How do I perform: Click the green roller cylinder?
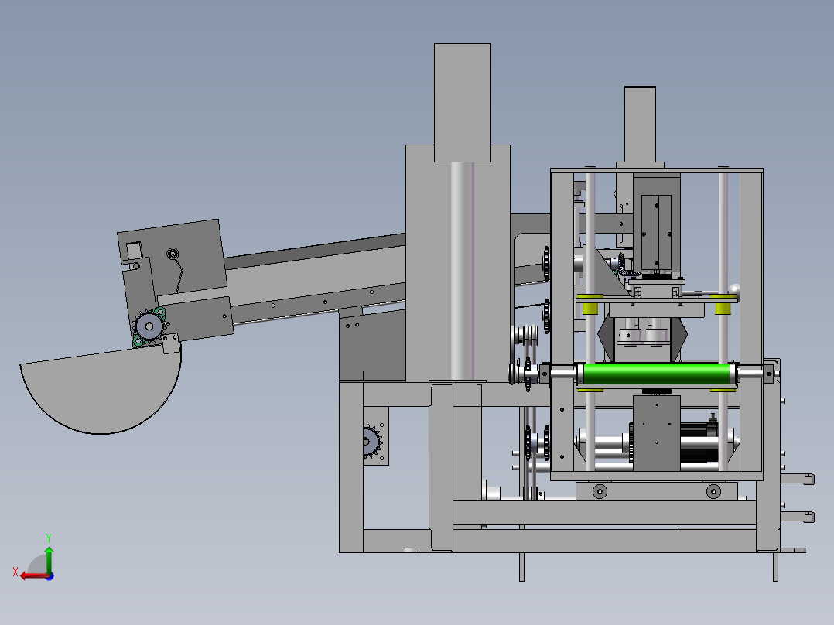click(657, 374)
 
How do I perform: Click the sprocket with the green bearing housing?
click(149, 326)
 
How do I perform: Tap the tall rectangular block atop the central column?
click(462, 103)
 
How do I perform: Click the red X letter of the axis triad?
click(15, 572)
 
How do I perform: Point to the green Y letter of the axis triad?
click(49, 538)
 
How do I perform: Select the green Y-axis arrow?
click(49, 559)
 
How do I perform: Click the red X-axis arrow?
click(35, 576)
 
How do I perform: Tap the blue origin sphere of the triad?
click(50, 576)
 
